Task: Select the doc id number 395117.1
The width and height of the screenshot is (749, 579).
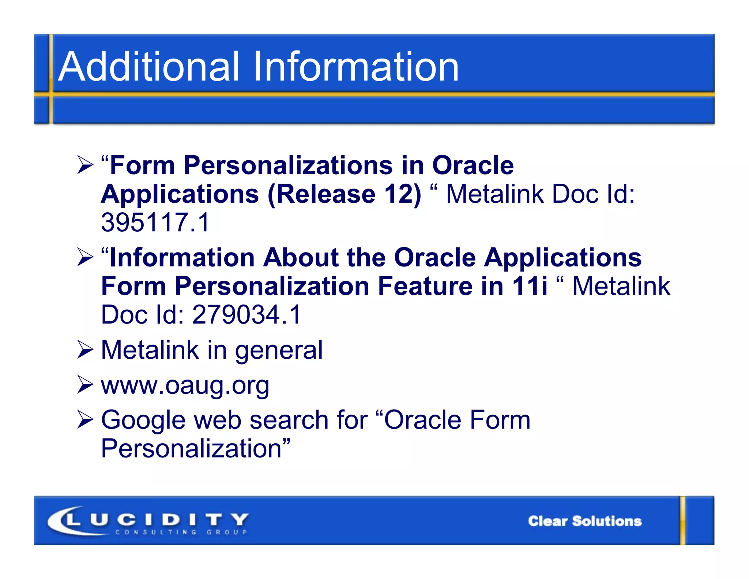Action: pos(155,223)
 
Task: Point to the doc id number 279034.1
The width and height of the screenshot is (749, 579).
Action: pos(246,314)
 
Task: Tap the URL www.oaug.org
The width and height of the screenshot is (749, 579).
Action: pos(185,385)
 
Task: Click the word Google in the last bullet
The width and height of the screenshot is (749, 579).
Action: pos(143,420)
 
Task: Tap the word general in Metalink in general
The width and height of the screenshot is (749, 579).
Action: pos(279,350)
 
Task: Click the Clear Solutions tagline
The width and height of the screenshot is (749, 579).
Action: pos(584,521)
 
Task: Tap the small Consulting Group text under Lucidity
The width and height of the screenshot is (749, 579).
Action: pos(181,532)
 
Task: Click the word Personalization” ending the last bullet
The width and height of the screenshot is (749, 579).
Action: pos(195,449)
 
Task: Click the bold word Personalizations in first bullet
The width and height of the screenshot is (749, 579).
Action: pos(288,165)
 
